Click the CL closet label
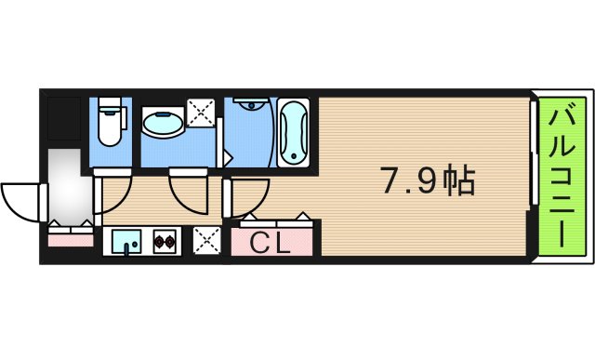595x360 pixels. (271, 245)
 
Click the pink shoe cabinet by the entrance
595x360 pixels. (71, 240)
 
